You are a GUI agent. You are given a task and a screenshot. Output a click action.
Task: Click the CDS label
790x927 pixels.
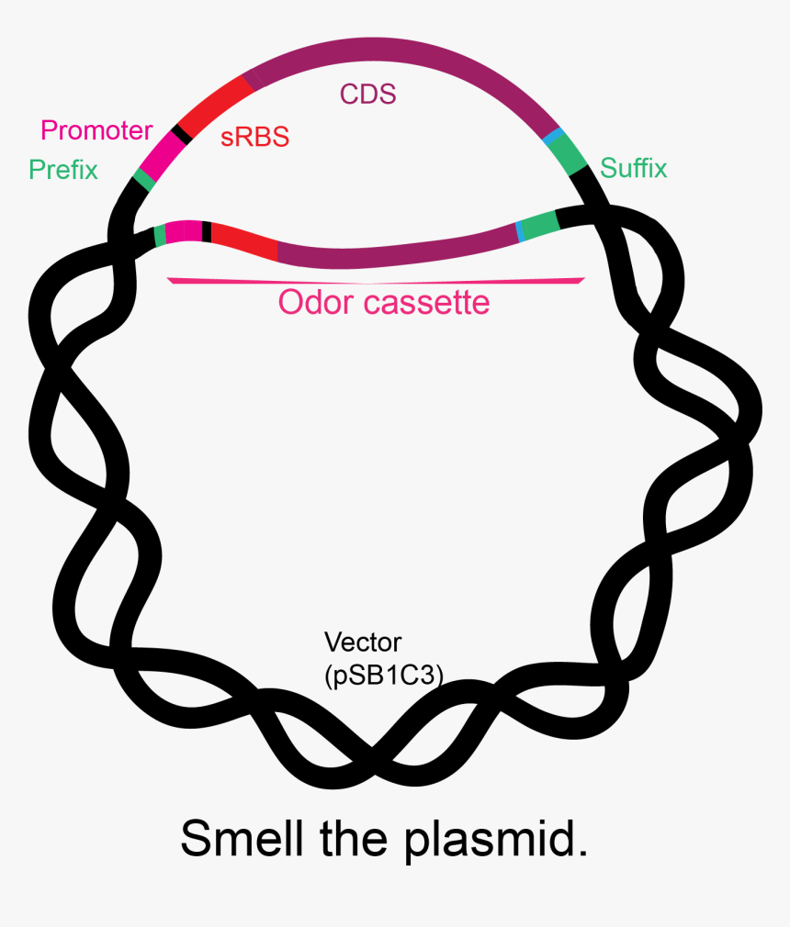pyautogui.click(x=367, y=95)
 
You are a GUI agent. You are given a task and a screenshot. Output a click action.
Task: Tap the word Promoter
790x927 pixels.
pyautogui.click(x=96, y=130)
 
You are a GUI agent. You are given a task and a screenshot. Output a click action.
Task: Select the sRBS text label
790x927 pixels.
pyautogui.click(x=254, y=138)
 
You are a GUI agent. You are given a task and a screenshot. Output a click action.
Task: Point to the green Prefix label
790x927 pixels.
pyautogui.click(x=62, y=170)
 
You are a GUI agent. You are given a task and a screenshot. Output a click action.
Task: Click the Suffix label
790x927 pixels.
pyautogui.click(x=633, y=168)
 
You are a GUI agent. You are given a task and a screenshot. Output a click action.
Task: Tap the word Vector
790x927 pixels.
pyautogui.click(x=363, y=642)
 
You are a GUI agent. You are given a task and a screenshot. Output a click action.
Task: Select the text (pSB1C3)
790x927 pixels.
pyautogui.click(x=384, y=675)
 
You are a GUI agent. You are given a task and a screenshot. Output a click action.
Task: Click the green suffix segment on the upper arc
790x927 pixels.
pyautogui.click(x=570, y=155)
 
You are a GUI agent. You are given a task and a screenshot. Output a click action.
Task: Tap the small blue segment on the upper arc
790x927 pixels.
pyautogui.click(x=553, y=137)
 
